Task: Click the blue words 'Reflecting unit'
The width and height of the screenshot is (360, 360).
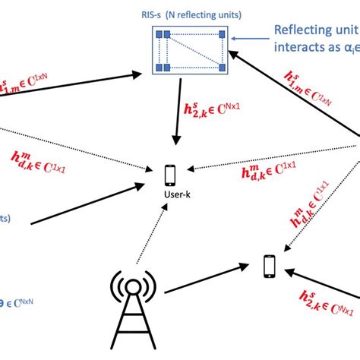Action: pos(314,30)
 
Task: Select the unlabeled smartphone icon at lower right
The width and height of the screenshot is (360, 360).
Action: pos(269,264)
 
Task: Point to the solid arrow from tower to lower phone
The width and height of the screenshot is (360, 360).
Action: pos(205,281)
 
